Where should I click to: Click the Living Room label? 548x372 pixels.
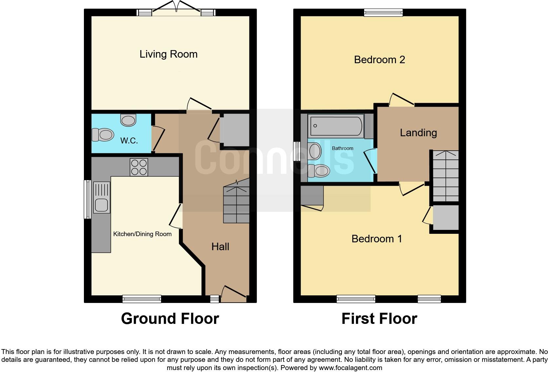168,54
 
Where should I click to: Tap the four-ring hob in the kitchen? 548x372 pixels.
139,167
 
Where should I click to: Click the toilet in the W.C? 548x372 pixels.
103,135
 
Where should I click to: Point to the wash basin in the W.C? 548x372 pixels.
128,120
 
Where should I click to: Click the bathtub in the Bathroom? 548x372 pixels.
336,126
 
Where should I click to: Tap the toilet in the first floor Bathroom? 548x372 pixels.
319,171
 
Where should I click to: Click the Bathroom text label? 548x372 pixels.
342,148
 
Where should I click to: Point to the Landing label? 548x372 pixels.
418,133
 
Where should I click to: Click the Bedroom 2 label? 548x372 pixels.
380,60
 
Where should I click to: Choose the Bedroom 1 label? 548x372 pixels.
377,239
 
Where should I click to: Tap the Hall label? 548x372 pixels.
220,247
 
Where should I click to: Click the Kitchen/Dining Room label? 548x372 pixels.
142,234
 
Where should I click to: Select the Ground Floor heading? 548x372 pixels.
170,319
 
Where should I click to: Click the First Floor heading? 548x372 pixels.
379,319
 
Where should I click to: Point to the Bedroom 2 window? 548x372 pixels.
383,12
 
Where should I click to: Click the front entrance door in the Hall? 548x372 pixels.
234,294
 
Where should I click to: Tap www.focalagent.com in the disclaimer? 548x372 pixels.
350,368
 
